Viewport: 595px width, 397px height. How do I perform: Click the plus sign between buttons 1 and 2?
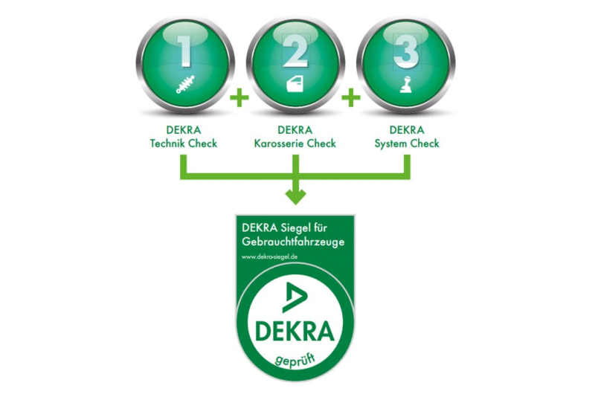pos(238,97)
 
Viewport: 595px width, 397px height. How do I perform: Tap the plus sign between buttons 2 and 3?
pos(350,97)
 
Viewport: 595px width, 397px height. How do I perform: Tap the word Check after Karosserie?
pos(321,143)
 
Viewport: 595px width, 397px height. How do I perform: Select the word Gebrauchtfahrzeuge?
pos(292,242)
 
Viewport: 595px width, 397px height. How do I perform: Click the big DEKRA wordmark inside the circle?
pos(295,331)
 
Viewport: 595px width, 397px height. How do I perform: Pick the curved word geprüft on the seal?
pos(295,361)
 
